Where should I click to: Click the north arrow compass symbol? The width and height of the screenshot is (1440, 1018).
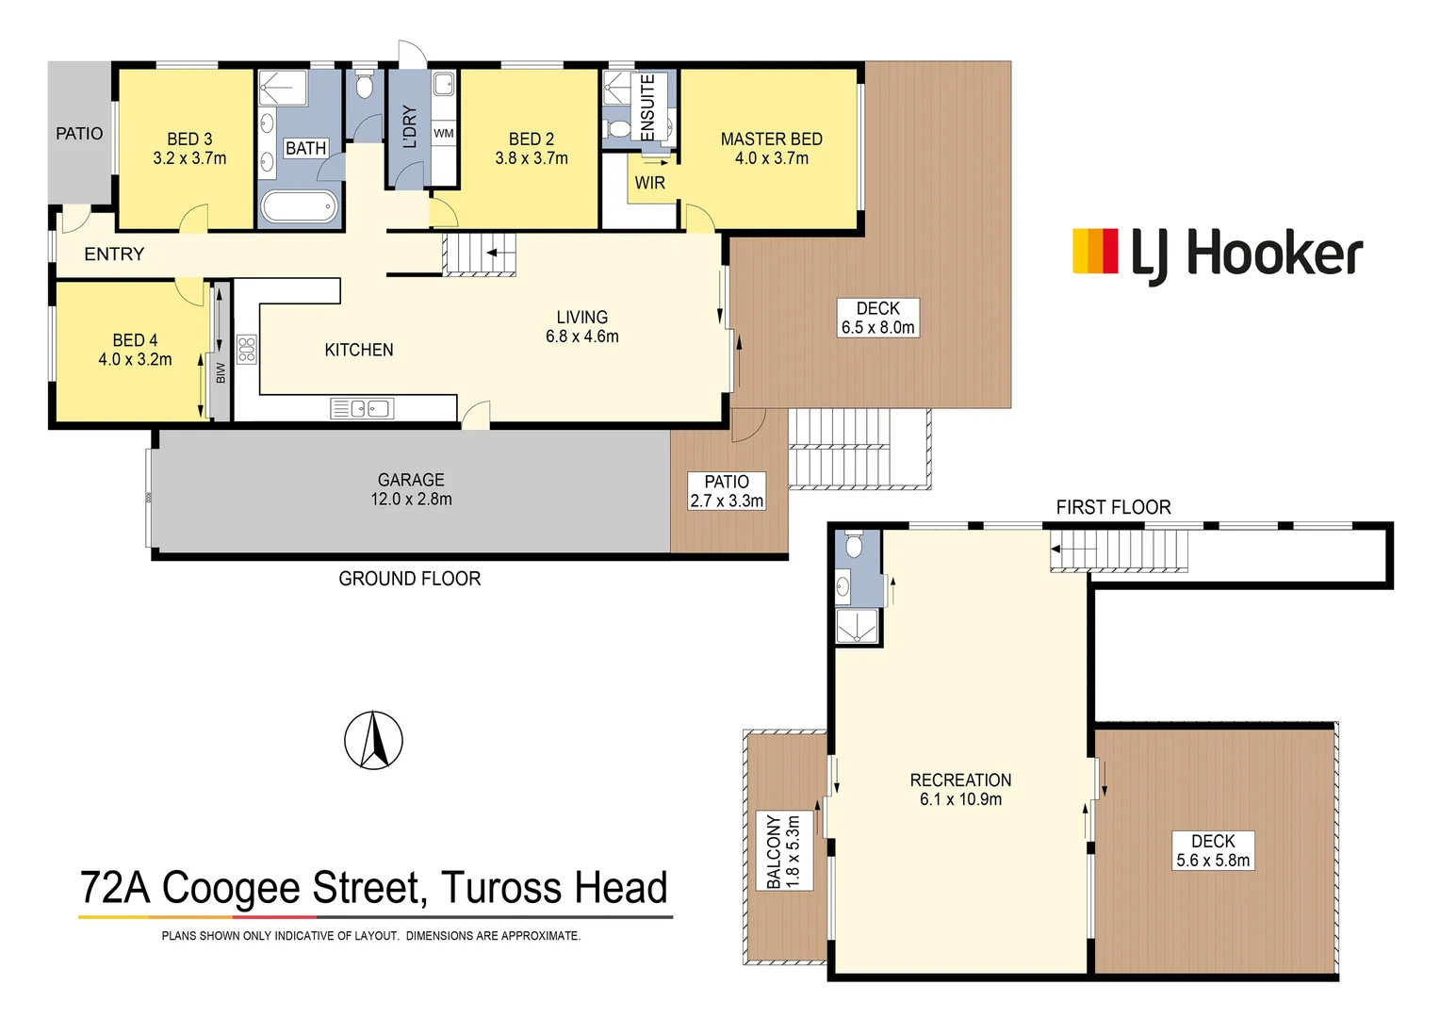coord(373,740)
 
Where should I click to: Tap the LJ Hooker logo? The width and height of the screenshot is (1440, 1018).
coord(1218,254)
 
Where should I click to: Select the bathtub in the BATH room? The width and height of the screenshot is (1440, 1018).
coord(298,206)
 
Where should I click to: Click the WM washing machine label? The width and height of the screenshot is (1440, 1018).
coord(443,134)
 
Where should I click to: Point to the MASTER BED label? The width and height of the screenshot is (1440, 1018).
coord(771,140)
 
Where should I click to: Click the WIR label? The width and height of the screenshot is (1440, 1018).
coord(649,183)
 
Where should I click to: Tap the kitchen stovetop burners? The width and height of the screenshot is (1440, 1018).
coord(247,350)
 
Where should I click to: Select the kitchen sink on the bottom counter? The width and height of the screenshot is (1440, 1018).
coord(362,408)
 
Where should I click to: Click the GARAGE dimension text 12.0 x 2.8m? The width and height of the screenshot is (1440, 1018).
coord(411,500)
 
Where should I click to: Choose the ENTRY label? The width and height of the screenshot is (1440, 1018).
coord(114,254)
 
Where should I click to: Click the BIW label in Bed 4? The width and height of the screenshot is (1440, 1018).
coord(221,372)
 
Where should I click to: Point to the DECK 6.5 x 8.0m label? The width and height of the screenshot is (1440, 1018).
coord(877,319)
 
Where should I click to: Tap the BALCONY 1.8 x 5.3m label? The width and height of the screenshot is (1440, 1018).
coord(783,851)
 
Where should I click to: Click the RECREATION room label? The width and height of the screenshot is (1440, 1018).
coord(960,780)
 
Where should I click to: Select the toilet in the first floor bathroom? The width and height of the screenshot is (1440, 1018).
coord(854,546)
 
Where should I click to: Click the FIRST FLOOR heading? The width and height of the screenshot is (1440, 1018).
coord(1113,507)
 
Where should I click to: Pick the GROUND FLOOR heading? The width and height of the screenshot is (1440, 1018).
coord(409,579)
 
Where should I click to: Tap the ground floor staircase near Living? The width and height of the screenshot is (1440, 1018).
coord(480,254)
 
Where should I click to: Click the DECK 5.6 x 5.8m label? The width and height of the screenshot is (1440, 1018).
coord(1213,850)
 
